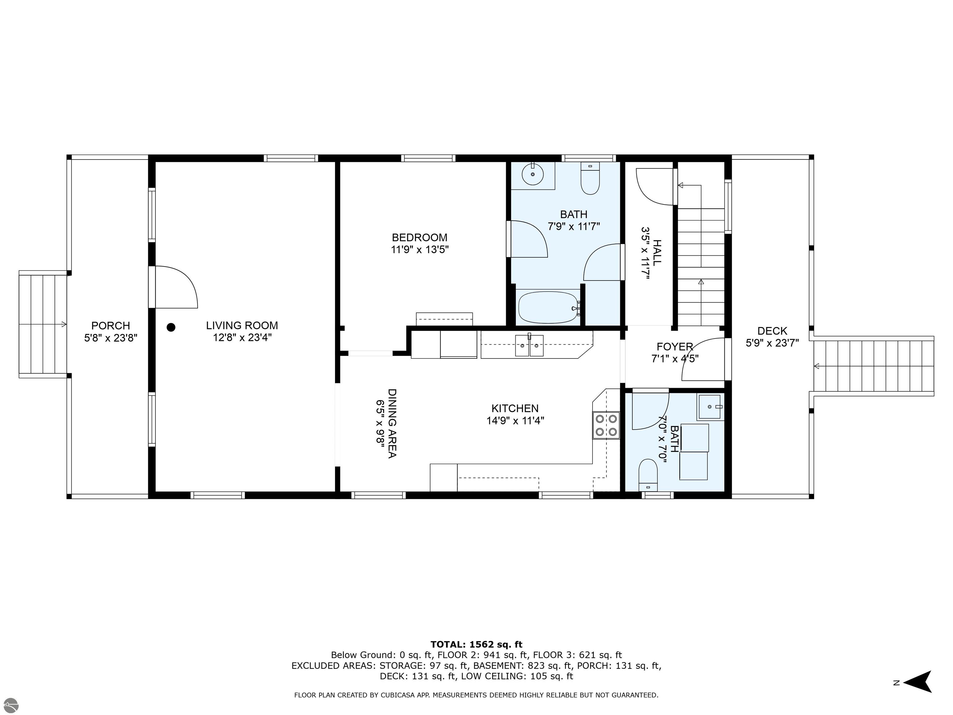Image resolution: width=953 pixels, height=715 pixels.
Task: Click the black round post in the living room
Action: click(x=171, y=327)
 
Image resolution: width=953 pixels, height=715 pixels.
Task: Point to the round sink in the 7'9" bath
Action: click(x=533, y=174)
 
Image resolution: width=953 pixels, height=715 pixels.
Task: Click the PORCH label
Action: click(x=111, y=326)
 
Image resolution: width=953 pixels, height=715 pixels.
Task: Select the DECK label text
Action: click(x=772, y=331)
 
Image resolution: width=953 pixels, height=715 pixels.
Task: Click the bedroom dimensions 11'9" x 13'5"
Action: click(x=420, y=250)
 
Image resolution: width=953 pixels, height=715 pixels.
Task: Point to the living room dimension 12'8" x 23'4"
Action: click(x=242, y=337)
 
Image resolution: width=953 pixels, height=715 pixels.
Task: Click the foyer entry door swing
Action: click(x=703, y=359)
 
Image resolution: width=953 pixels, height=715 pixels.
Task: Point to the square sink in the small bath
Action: click(x=710, y=407)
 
